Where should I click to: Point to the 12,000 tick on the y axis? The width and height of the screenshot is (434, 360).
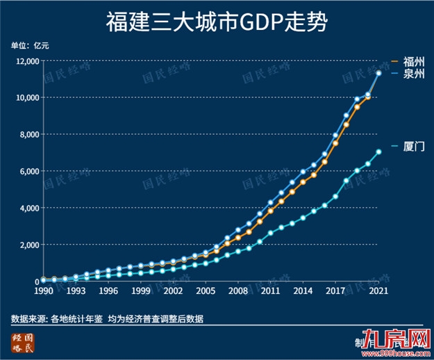click(24, 61)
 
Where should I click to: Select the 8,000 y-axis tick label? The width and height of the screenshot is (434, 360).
click(26, 134)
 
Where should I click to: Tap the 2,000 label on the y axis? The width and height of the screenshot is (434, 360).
click(26, 245)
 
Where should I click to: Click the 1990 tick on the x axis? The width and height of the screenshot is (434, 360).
click(44, 291)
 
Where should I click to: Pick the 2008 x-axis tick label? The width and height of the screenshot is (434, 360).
click(237, 291)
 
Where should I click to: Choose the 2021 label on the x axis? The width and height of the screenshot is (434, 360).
click(378, 291)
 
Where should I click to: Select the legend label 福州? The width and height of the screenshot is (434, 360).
click(413, 62)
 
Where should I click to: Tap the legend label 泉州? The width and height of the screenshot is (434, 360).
click(413, 74)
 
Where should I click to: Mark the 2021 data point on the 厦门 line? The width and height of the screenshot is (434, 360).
click(378, 152)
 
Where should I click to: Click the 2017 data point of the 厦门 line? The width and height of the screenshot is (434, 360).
click(335, 197)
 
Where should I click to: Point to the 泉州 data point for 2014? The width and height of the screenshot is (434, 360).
click(303, 172)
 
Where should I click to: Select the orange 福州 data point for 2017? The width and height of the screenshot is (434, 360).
click(335, 143)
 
